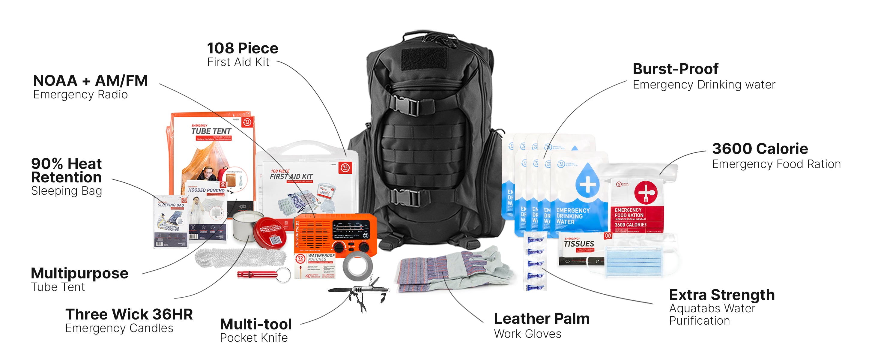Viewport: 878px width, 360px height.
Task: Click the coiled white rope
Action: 240,258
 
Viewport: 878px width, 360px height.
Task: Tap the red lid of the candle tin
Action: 271,232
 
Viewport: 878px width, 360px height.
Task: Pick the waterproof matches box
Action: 315,266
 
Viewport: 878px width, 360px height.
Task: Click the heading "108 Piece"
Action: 242,48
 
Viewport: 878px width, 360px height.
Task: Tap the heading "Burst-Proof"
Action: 675,69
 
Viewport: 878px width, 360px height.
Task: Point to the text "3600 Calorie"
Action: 760,149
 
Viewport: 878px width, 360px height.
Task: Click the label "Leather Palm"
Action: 541,319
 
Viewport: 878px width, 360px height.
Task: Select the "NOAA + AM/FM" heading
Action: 90,81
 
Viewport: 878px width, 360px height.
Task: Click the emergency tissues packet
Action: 579,250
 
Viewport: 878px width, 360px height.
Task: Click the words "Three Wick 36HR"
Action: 129,314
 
